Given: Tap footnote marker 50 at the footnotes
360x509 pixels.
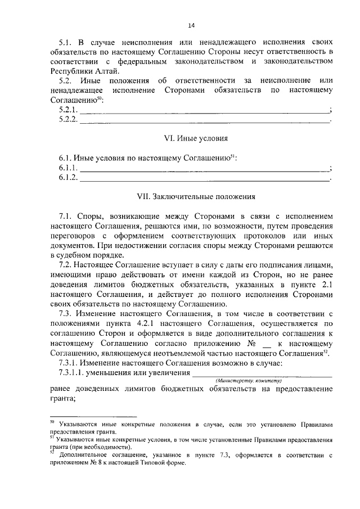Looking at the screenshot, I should [52, 421].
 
